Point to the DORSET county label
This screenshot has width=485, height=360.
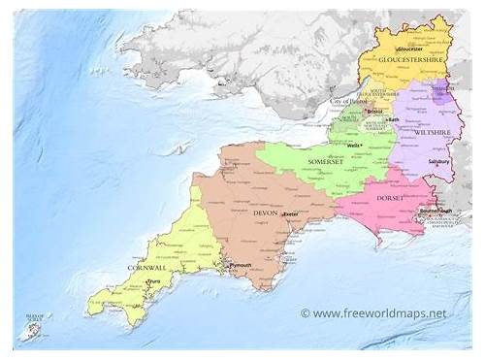click(x=387, y=198)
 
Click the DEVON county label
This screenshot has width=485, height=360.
click(x=264, y=213)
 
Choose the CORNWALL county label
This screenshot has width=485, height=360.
click(x=145, y=267)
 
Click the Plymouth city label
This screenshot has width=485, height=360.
click(x=239, y=264)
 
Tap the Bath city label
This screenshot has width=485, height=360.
click(x=394, y=118)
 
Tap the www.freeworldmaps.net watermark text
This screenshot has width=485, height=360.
click(x=379, y=313)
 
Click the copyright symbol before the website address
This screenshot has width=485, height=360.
click(x=305, y=313)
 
